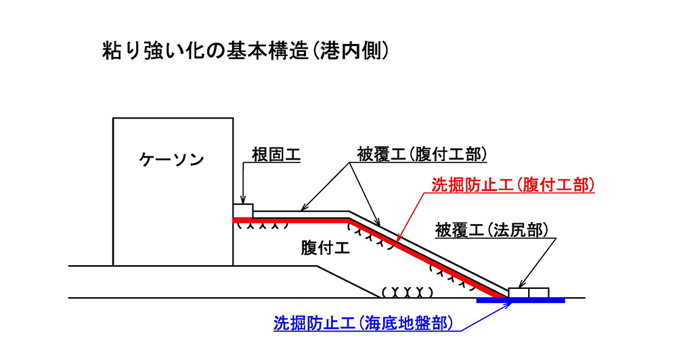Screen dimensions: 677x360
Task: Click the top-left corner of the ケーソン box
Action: click(113, 118)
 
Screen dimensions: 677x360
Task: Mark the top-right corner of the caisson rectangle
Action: click(233, 118)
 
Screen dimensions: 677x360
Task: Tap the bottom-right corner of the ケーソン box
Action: click(233, 265)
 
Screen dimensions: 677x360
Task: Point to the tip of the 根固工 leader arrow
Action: click(244, 204)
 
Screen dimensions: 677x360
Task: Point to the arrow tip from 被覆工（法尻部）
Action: click(519, 288)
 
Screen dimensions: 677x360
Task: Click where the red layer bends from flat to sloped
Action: click(349, 220)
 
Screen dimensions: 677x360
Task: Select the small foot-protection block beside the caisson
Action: click(243, 210)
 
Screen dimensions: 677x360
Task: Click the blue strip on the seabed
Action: click(521, 300)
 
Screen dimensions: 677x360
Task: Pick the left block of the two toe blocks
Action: click(519, 292)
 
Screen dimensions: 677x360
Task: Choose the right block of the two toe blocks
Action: click(539, 292)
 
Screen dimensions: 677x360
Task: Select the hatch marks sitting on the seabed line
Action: click(407, 293)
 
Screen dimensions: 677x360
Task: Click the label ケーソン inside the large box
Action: click(171, 160)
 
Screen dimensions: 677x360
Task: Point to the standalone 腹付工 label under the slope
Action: click(325, 248)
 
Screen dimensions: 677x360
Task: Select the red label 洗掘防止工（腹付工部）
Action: click(513, 185)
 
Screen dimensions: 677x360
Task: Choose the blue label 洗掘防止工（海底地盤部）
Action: click(364, 323)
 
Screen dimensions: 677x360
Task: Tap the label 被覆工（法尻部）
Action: click(492, 230)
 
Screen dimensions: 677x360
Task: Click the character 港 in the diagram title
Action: click(327, 51)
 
